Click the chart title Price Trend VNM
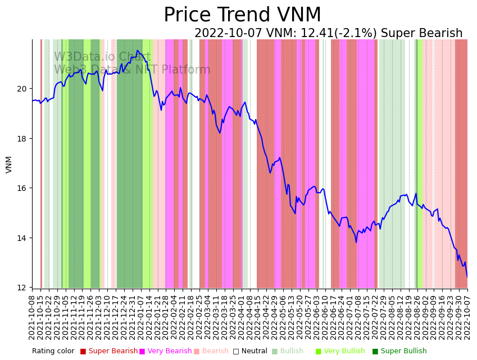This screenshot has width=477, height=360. click(242, 15)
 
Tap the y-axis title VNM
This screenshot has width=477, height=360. click(9, 164)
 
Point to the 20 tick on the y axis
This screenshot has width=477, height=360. click(22, 89)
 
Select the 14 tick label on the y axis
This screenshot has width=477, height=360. click(22, 238)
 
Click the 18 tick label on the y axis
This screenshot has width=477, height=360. click(22, 139)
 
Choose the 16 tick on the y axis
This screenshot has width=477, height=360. click(22, 188)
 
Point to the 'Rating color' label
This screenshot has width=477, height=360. click(53, 352)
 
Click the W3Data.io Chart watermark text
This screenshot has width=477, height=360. click(102, 57)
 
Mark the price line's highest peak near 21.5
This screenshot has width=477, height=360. click(137, 51)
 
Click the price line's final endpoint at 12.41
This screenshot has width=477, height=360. click(467, 277)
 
